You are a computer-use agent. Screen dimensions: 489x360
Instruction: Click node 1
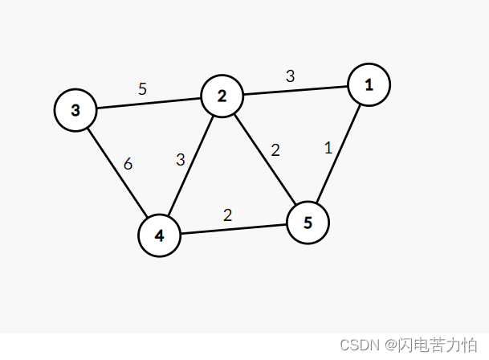369,84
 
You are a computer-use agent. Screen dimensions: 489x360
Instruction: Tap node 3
75,110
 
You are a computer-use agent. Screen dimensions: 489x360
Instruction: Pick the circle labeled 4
159,236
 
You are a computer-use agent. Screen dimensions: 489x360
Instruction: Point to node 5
308,223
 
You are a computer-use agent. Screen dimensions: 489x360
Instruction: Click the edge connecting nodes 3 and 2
149,104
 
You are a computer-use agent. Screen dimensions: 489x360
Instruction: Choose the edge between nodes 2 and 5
263,158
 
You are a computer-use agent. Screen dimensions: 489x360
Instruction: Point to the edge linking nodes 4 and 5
234,230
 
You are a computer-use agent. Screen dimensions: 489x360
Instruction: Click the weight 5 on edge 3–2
142,89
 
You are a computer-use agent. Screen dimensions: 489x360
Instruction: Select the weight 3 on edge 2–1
291,77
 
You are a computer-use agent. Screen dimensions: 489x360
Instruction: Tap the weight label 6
128,164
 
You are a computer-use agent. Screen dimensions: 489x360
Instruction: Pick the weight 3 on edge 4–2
181,160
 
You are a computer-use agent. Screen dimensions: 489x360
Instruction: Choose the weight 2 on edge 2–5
275,150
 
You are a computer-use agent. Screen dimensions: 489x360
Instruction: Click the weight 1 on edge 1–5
328,147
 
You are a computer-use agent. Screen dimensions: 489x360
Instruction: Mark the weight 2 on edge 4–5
227,215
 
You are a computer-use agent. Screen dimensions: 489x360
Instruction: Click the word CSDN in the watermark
359,345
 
